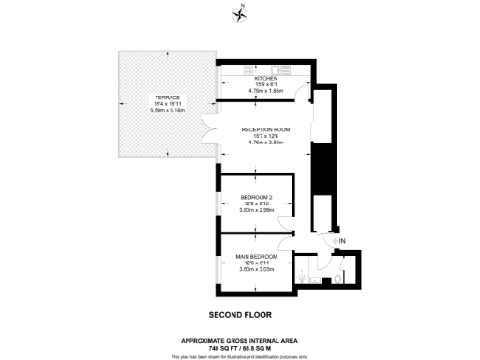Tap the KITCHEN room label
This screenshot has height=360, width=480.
pyautogui.click(x=255, y=79)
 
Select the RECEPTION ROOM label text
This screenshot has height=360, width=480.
pyautogui.click(x=265, y=130)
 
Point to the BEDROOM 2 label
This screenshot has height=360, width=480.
pyautogui.click(x=255, y=198)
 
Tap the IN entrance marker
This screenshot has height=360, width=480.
pyautogui.click(x=341, y=242)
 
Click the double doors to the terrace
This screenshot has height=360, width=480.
pyautogui.click(x=212, y=135)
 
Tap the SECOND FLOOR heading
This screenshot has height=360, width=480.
pyautogui.click(x=240, y=315)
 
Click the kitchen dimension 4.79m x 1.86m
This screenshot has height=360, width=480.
pyautogui.click(x=255, y=91)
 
